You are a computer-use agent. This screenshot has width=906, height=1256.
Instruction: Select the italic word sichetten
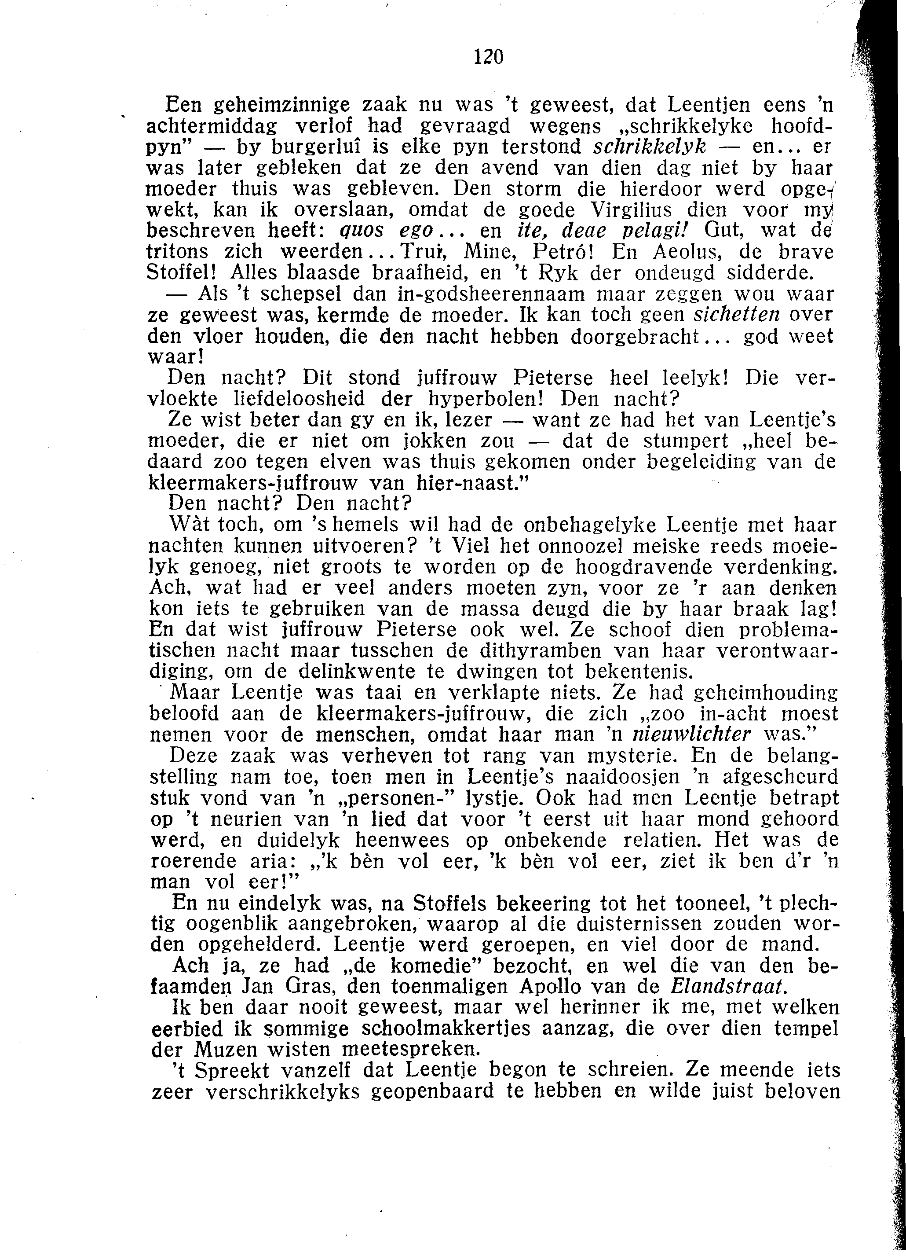tap(737, 315)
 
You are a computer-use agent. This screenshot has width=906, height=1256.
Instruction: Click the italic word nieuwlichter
tap(691, 735)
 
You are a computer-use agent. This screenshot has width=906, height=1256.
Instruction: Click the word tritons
tap(178, 253)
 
